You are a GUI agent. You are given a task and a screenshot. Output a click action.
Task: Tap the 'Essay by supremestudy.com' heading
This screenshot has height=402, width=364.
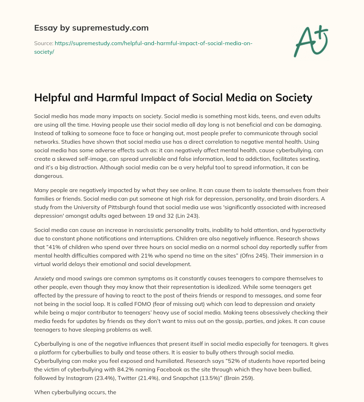point(91,27)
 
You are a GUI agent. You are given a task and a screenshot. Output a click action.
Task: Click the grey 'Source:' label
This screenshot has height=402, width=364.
point(43,43)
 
